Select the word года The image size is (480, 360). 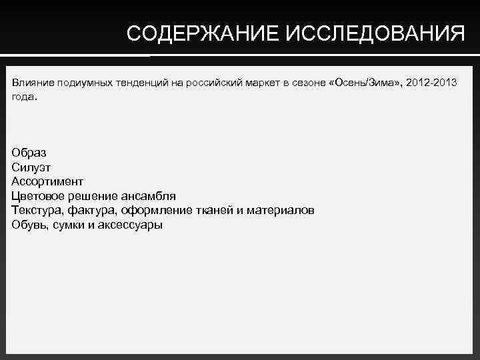coord(25,97)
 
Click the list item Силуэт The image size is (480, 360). coord(31,167)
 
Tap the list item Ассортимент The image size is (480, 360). coord(47,181)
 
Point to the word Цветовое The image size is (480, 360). coord(37,196)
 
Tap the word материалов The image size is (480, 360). coord(280,211)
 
